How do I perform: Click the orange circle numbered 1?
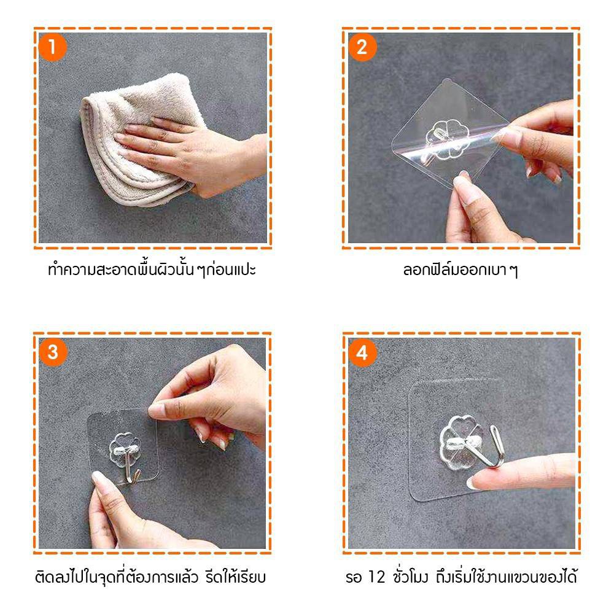point(52,47)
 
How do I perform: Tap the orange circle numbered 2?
point(362,47)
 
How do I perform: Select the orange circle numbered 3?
point(53,352)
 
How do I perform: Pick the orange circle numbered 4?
point(362,352)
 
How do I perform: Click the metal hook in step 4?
point(489,446)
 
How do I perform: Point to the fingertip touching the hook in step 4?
point(476,481)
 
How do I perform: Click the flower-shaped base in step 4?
point(460,443)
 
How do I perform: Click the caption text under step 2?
point(460,270)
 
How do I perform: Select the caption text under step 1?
point(152,270)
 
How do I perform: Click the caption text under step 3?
point(150,577)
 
